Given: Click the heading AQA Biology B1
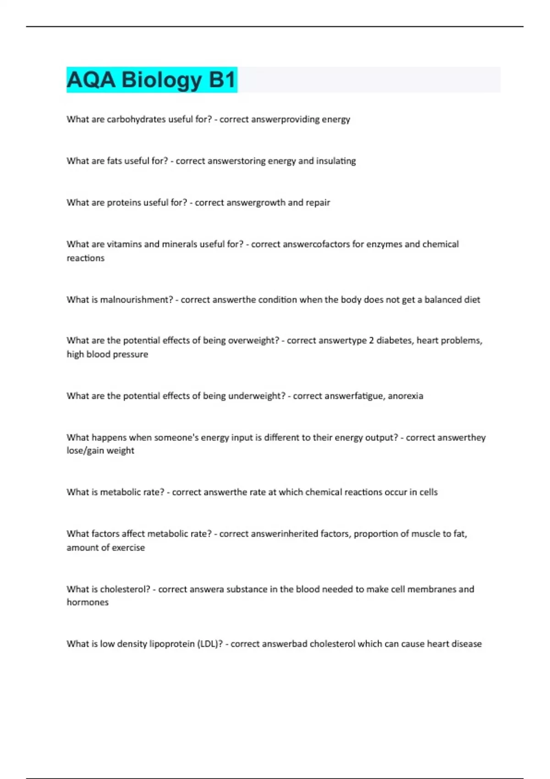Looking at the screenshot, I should pos(151,80).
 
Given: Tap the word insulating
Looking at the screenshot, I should pos(336,161).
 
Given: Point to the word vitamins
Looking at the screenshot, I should pos(124,244).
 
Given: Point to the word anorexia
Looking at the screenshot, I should pos(406,396).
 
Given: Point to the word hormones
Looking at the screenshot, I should pos(88,603).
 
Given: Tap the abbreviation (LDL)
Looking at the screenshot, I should pos(210,644).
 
